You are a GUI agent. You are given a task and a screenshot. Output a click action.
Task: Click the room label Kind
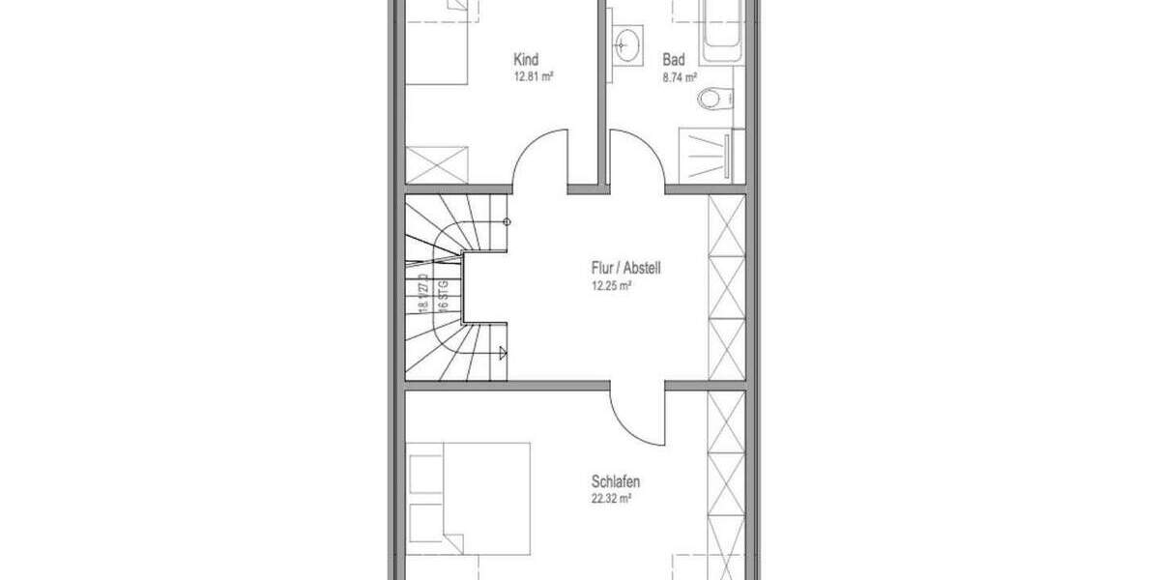[x=527, y=60]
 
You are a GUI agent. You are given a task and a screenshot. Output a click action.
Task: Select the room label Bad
[x=674, y=60]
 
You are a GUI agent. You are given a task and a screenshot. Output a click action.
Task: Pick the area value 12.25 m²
[x=612, y=285]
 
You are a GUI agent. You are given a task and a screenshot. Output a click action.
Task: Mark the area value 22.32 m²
[x=612, y=498]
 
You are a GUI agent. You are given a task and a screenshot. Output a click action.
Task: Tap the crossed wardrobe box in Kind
[x=437, y=164]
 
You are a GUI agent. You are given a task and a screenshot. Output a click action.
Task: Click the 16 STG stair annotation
[x=443, y=293]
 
